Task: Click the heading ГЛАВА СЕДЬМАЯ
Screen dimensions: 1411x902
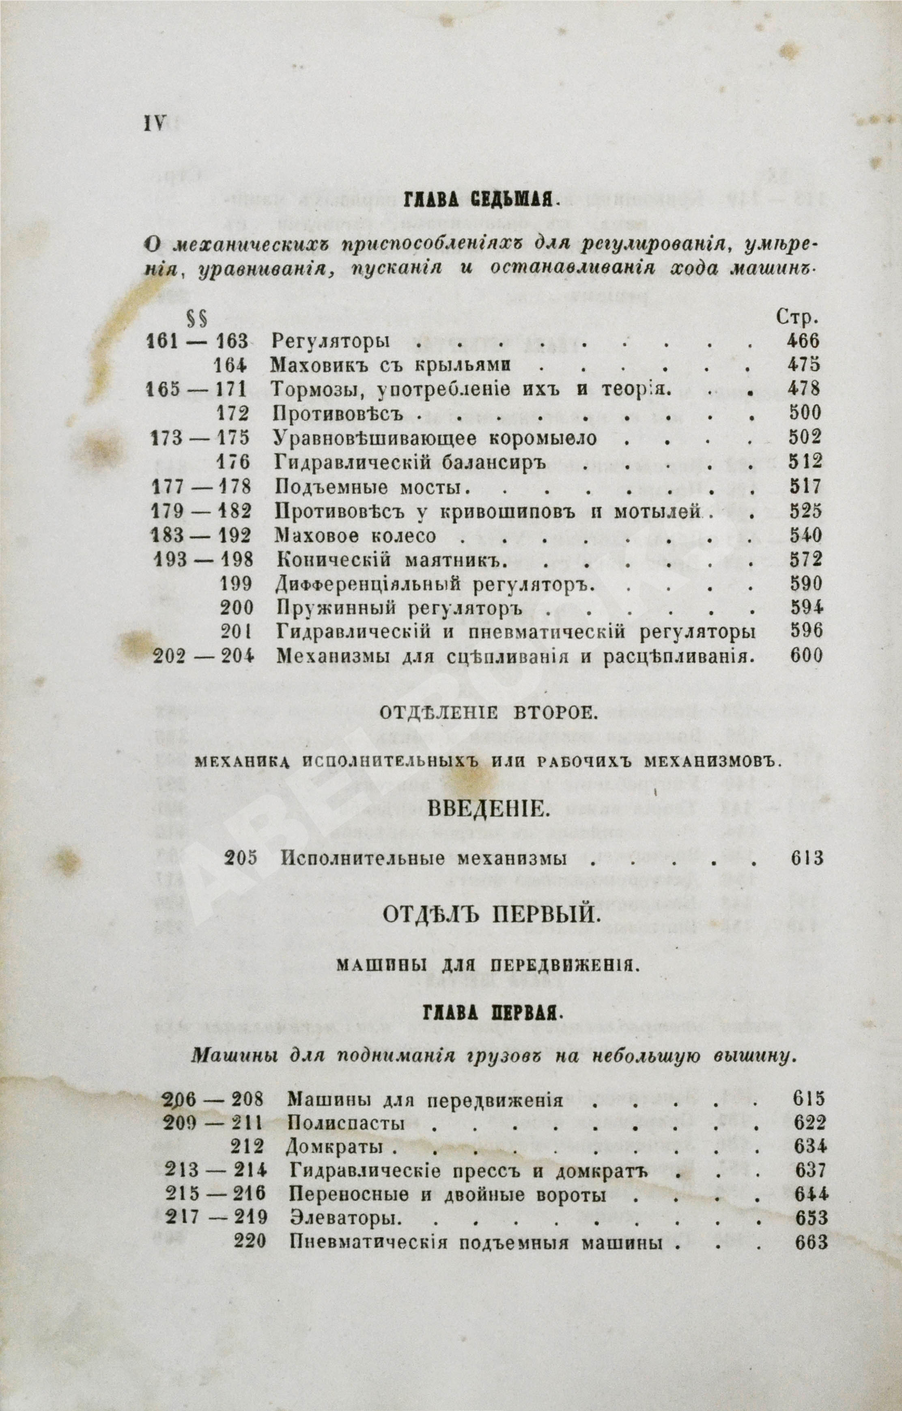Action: (480, 203)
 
